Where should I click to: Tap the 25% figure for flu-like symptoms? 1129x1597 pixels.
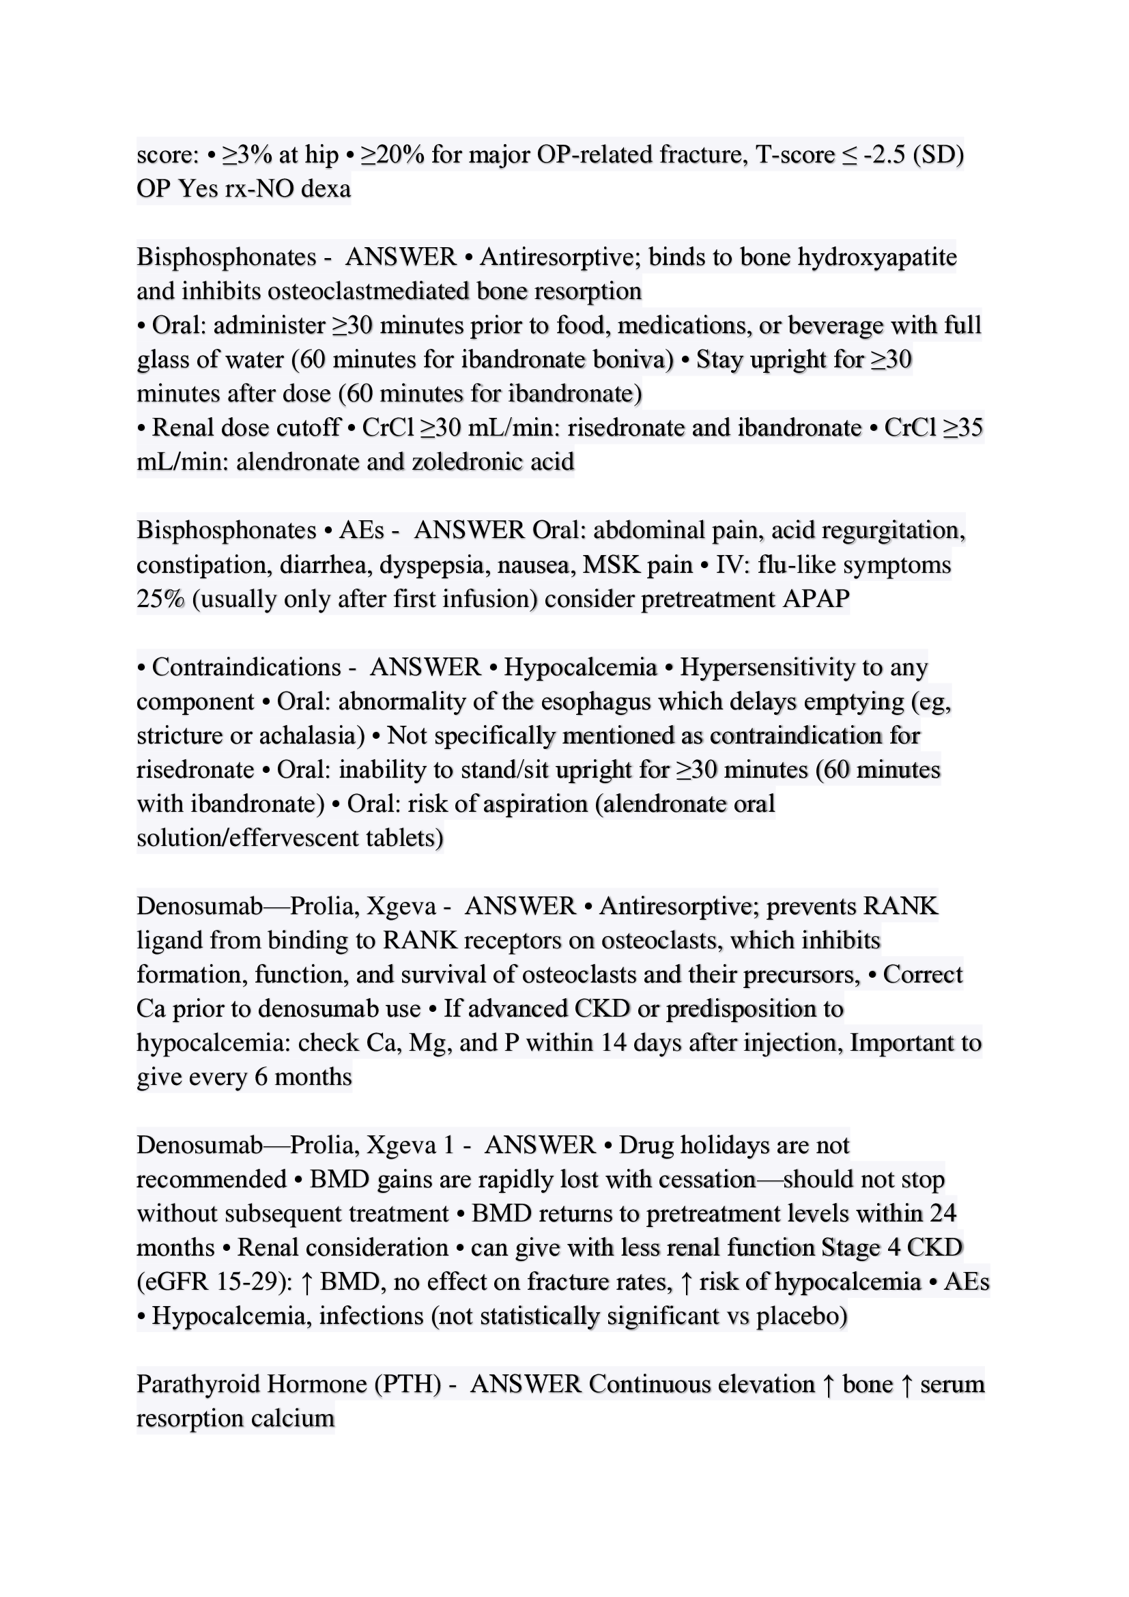[160, 599]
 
